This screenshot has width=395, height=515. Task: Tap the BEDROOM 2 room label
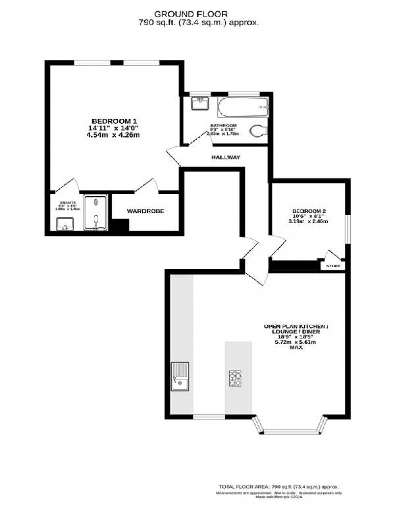point(309,211)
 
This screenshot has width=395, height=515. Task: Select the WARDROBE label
point(146,211)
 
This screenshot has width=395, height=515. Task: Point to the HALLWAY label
point(226,157)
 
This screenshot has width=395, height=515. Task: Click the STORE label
point(333,266)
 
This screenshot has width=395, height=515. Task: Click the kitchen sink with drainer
point(180,376)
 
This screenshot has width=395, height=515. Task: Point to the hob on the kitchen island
point(235,379)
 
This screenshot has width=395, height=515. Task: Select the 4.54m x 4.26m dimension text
point(113,135)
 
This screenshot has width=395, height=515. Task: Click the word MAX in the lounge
point(296,347)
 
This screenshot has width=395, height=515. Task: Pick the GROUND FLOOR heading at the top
point(197,14)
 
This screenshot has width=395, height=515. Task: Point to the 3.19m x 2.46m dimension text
point(308,221)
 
